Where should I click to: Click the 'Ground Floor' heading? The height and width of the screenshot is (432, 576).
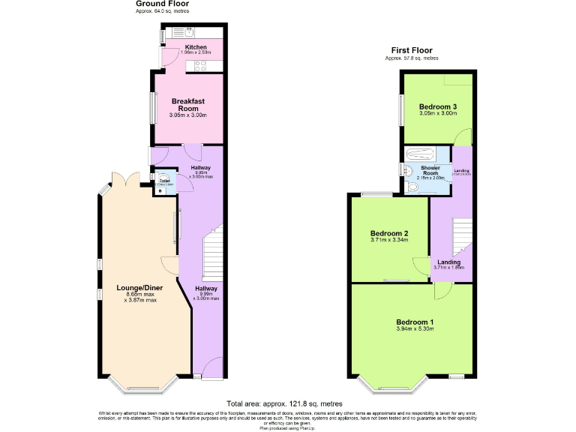pos(161,4)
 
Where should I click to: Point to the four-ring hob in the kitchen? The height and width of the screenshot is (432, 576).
pos(201,66)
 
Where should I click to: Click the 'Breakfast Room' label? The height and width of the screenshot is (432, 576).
pos(188,105)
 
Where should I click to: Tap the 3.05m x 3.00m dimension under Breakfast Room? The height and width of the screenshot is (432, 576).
pos(188,115)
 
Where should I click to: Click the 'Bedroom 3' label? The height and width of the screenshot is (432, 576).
pos(438,106)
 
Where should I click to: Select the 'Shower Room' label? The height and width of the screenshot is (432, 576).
pos(430,168)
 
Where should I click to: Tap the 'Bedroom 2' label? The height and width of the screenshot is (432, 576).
pos(389,232)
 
